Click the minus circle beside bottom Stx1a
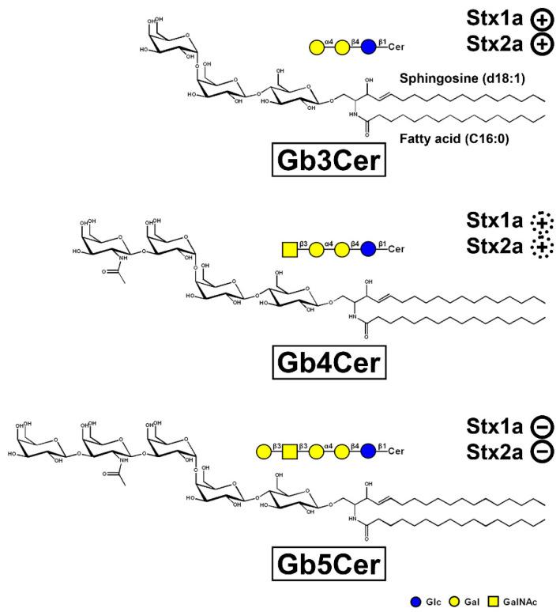click(x=539, y=426)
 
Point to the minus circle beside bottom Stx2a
click(x=539, y=452)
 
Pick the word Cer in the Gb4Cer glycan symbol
click(x=396, y=251)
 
